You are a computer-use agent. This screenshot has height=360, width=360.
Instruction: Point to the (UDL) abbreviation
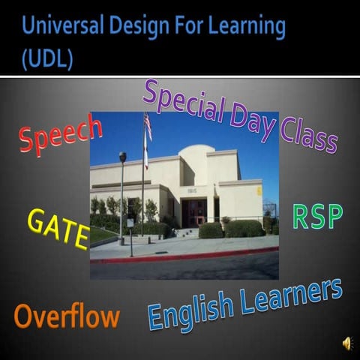pyautogui.click(x=46, y=59)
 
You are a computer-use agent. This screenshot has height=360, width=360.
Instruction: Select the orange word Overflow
pyautogui.click(x=66, y=316)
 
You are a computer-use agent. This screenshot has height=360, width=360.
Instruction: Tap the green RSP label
pyautogui.click(x=317, y=217)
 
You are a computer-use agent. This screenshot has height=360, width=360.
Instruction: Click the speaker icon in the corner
pyautogui.click(x=347, y=343)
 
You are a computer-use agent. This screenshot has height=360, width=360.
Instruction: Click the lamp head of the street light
pyautogui.click(x=122, y=157)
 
